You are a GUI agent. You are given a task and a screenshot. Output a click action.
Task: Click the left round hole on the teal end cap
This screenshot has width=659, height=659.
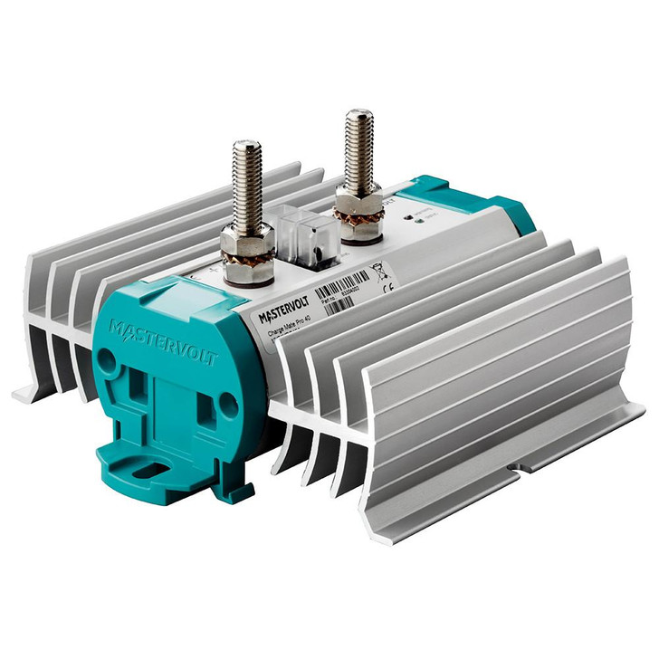click(x=107, y=359)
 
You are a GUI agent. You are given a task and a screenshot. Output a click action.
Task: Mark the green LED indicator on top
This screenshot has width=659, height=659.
click(x=411, y=215)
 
